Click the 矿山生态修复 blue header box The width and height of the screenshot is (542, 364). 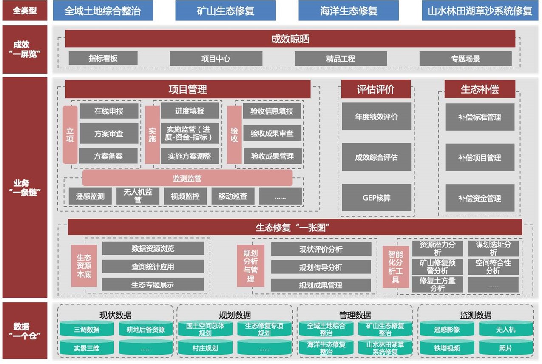[x=225, y=11]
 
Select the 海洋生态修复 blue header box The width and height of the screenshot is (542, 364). [x=349, y=11]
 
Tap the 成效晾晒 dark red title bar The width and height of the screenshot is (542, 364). [x=290, y=39]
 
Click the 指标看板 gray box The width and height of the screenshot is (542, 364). [x=103, y=58]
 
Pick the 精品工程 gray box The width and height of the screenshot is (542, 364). [x=341, y=59]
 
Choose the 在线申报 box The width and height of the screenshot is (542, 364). [x=109, y=111]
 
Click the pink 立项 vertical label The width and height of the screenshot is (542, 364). [x=70, y=135]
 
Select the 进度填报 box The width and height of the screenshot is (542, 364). [x=190, y=111]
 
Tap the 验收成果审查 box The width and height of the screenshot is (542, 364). [x=272, y=134]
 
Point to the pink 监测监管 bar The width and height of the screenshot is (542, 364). [x=187, y=178]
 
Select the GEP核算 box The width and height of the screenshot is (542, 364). [x=377, y=198]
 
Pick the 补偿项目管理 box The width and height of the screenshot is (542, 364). [x=480, y=157]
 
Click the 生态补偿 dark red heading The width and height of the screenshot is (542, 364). [x=480, y=89]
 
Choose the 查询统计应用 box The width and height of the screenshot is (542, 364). [x=153, y=267]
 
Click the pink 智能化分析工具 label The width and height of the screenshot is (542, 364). [x=395, y=267]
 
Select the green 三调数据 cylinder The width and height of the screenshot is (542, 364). [x=87, y=329]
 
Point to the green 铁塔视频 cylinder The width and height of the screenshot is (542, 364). [x=447, y=348]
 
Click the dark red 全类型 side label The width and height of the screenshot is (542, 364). [x=25, y=11]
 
